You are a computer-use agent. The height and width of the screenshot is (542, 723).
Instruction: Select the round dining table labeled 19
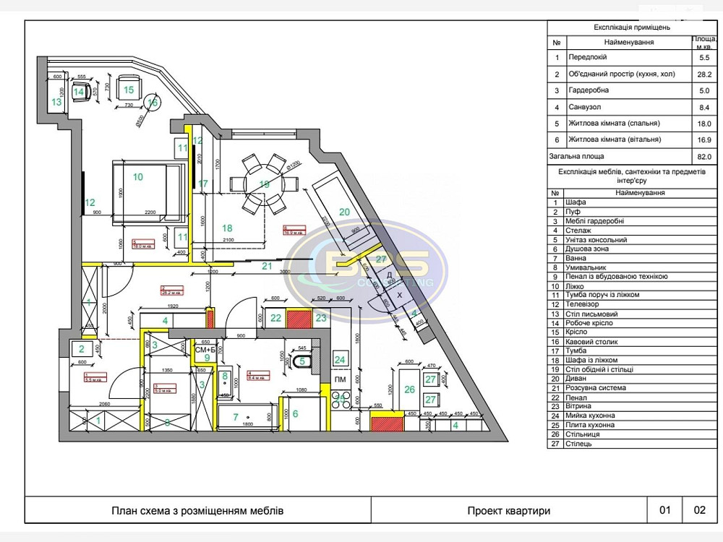click(x=263, y=184)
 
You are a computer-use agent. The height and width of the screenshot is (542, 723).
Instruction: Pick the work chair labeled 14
click(x=79, y=91)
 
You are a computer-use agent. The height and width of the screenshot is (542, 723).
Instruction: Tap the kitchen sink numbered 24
click(x=340, y=359)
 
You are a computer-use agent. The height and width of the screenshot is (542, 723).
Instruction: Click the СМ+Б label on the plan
click(x=206, y=350)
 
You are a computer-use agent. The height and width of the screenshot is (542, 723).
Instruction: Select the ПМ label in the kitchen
click(x=339, y=379)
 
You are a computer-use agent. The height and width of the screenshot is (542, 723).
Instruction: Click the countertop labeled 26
click(x=409, y=390)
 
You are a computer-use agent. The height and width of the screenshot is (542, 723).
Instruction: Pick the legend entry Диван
click(x=578, y=379)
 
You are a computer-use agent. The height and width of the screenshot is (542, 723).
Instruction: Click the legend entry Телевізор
click(x=586, y=304)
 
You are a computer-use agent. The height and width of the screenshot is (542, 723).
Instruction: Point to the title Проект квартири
click(x=508, y=510)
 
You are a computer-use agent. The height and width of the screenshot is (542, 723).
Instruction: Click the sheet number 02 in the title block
click(x=699, y=510)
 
